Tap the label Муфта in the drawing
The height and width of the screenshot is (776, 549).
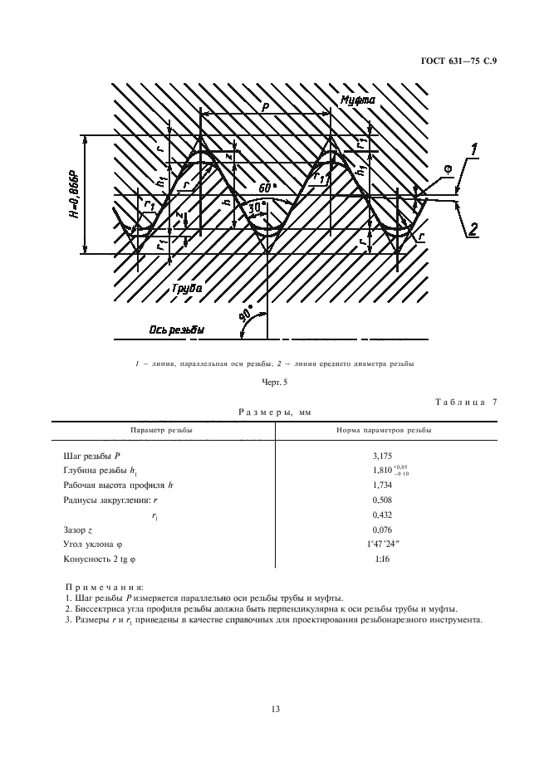coord(359,100)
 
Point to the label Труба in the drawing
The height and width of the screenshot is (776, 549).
coord(187,288)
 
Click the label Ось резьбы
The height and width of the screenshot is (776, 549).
coord(175,329)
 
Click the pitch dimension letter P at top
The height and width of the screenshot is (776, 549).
coord(263,107)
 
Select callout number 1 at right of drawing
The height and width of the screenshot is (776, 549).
coord(474,150)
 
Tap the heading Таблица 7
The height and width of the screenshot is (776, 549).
coord(465,403)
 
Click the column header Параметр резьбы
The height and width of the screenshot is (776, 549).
coord(162,431)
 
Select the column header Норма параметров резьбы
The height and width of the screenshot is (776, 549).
coord(383,431)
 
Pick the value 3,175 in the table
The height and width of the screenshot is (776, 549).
coord(383,456)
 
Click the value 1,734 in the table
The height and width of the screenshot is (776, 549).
coord(383,485)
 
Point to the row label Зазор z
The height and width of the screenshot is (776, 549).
coord(81,529)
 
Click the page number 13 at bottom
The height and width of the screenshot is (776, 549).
coord(274,709)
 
